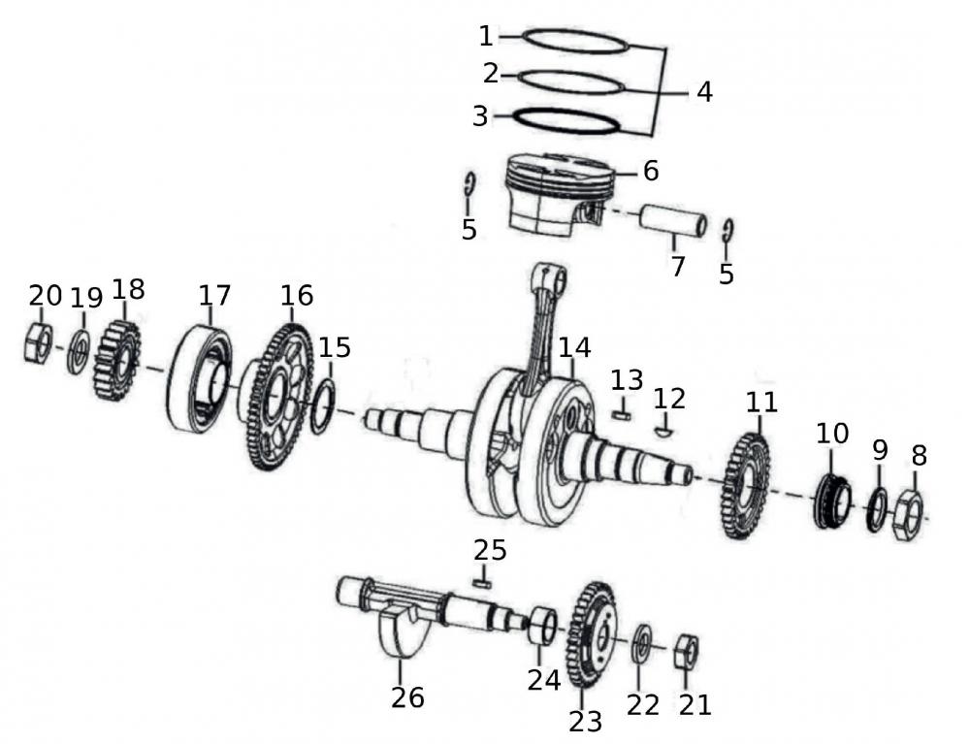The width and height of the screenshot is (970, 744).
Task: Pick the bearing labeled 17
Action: click(x=199, y=379)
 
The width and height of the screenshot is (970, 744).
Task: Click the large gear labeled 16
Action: click(x=275, y=398)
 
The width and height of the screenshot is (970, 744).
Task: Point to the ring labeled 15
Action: click(x=323, y=405)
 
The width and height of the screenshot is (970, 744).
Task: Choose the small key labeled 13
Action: click(x=623, y=413)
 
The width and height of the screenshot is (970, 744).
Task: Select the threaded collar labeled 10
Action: click(x=830, y=501)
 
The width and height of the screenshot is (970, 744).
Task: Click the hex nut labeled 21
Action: click(x=686, y=652)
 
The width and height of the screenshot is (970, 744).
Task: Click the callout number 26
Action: click(x=407, y=696)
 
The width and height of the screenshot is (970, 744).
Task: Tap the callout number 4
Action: click(x=704, y=92)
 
